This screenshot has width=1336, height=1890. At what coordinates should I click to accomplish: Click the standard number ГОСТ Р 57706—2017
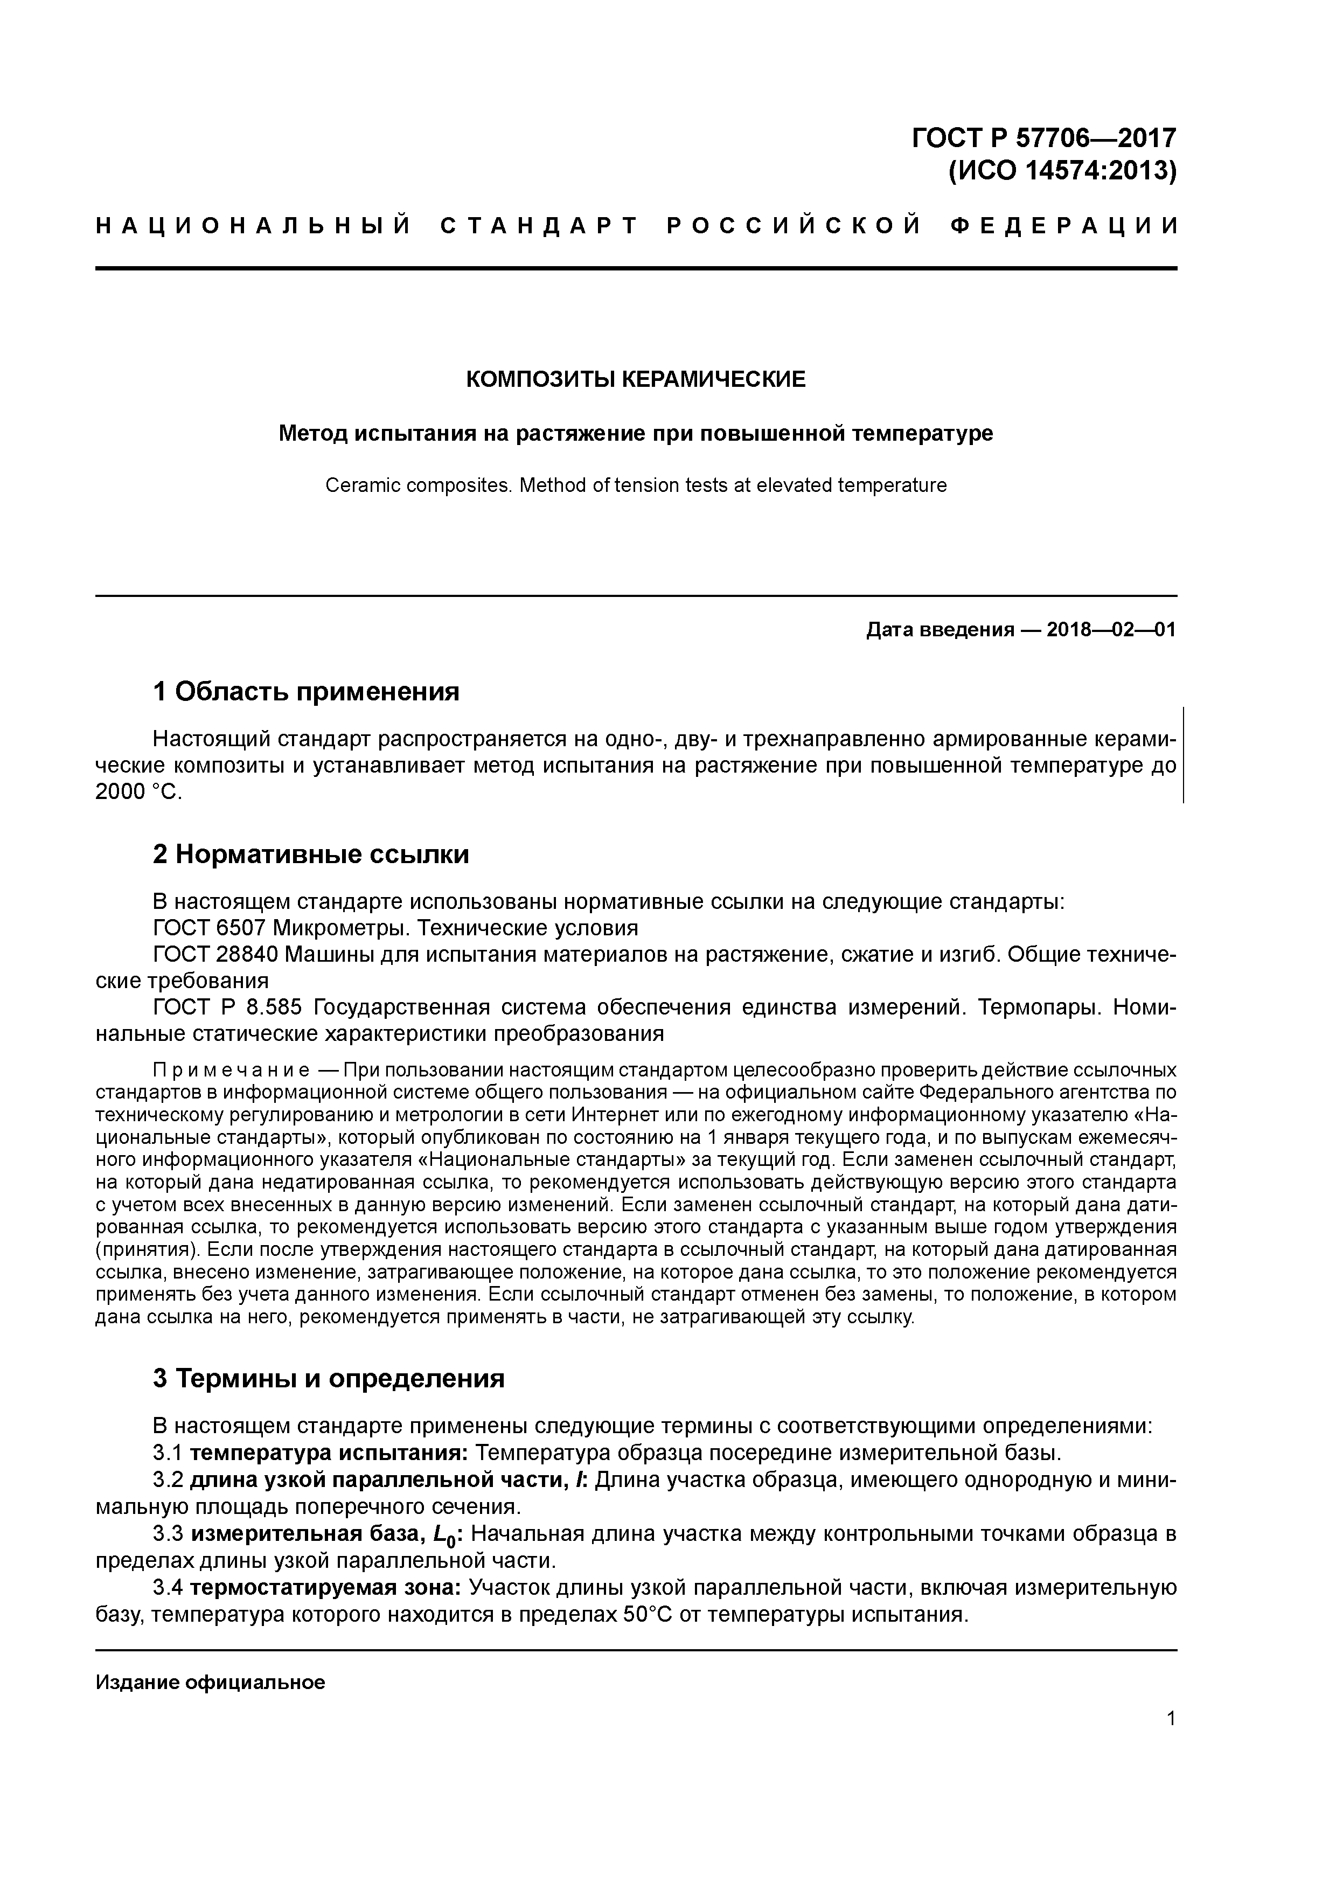point(1044,137)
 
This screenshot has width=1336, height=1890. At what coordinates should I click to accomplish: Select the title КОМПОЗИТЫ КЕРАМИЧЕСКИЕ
point(636,379)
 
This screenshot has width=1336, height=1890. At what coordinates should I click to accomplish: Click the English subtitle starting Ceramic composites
point(636,485)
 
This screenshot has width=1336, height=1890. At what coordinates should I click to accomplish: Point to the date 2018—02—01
point(1111,630)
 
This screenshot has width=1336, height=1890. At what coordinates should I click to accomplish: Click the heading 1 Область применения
point(305,691)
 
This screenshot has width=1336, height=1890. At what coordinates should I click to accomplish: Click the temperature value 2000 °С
point(137,792)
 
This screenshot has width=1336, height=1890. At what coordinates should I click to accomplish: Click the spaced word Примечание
point(231,1070)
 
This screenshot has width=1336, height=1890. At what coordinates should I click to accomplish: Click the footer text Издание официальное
point(210,1683)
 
